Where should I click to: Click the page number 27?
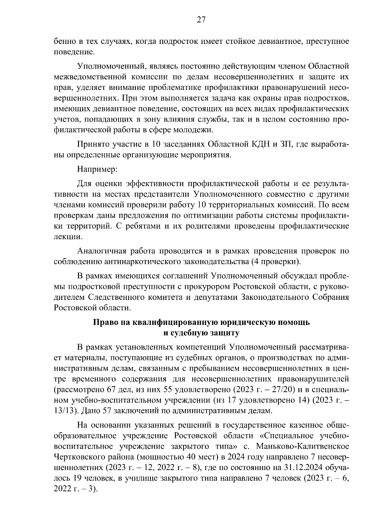click(x=201, y=20)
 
